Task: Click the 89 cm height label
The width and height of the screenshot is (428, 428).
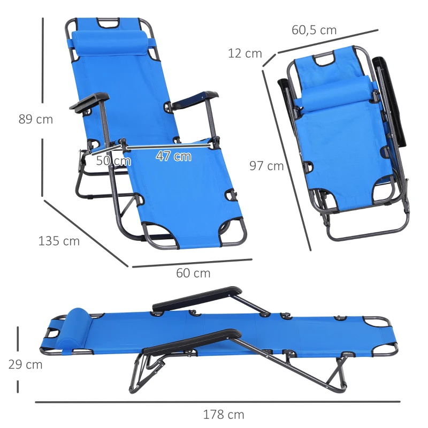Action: click(x=36, y=119)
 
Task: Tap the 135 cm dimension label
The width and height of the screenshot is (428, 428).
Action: click(x=59, y=241)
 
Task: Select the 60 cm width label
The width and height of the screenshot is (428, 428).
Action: click(x=193, y=273)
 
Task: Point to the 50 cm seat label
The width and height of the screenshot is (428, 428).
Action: click(x=113, y=160)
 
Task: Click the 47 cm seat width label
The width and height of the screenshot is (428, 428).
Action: click(x=173, y=156)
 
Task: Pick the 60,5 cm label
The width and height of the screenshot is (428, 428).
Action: click(x=314, y=30)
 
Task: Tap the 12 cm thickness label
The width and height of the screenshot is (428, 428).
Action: click(x=245, y=53)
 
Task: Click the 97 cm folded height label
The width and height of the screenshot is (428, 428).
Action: click(x=266, y=166)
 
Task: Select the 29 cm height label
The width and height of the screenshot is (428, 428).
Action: click(x=25, y=365)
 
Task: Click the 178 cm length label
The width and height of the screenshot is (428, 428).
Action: click(x=224, y=415)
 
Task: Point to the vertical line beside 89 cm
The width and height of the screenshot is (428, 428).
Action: click(x=43, y=107)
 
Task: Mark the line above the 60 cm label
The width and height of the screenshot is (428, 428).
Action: click(x=192, y=263)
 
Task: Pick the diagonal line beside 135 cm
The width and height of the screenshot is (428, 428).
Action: click(x=86, y=233)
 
